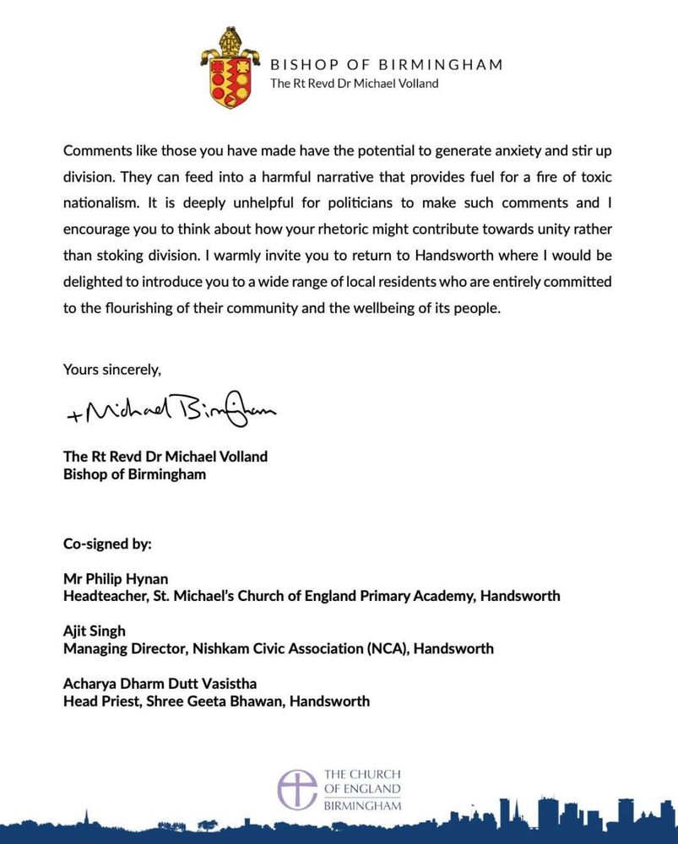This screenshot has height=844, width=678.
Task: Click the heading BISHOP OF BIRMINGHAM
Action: (386, 64)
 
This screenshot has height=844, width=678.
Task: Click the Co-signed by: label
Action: (107, 544)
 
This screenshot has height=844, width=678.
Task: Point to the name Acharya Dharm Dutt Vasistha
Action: (148, 684)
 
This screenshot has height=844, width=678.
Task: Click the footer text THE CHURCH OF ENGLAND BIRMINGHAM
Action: (362, 789)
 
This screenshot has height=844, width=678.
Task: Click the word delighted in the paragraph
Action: (95, 281)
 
